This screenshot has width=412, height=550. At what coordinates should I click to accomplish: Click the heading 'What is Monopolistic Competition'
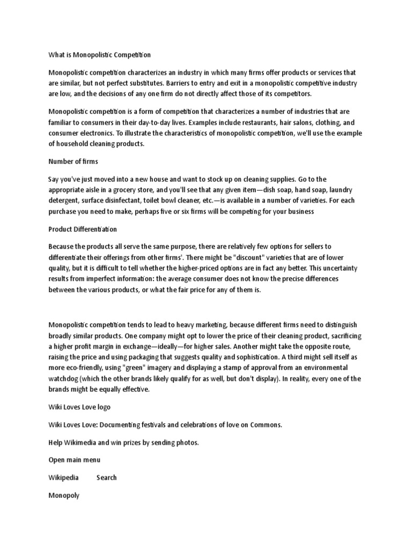tap(100, 54)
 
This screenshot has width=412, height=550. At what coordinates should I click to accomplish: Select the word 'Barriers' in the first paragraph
tap(181, 84)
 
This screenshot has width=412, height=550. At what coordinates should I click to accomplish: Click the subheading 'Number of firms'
tap(73, 162)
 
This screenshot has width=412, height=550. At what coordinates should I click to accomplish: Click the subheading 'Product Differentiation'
tap(83, 229)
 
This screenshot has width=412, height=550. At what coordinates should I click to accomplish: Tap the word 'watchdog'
tap(63, 379)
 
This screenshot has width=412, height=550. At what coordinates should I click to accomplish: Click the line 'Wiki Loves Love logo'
tap(79, 407)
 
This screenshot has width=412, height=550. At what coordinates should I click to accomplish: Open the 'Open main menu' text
tap(74, 460)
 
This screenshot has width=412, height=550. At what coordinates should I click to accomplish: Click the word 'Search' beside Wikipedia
tap(107, 477)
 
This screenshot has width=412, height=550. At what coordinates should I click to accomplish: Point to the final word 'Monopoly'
tap(64, 495)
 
